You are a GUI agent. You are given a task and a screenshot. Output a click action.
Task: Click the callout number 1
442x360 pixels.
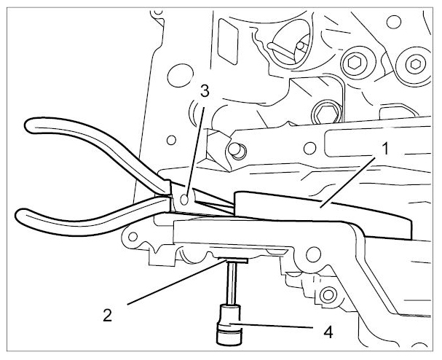click(385, 149)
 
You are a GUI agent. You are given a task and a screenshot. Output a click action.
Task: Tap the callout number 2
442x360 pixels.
click(107, 315)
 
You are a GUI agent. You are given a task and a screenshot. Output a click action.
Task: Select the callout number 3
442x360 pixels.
click(205, 91)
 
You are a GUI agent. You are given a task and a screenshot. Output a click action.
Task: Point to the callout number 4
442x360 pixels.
click(328, 332)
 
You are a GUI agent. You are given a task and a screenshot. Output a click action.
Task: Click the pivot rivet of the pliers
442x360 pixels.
click(184, 200)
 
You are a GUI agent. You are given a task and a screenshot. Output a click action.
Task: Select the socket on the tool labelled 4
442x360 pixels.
click(229, 324)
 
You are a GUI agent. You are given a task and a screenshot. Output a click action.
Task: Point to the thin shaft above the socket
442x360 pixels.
click(232, 283)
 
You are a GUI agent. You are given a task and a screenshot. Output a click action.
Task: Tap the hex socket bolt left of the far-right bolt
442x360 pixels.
click(355, 63)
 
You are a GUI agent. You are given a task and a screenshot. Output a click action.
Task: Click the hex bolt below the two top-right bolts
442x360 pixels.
click(327, 113)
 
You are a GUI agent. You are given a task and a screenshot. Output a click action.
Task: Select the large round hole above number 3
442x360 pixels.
click(181, 75)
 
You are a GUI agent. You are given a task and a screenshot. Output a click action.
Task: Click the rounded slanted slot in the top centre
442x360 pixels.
click(228, 42)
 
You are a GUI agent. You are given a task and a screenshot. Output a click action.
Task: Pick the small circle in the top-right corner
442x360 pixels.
click(394, 22)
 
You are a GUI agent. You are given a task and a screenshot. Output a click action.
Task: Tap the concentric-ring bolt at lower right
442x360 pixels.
click(328, 295)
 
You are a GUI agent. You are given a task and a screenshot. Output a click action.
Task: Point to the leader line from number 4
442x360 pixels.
click(271, 325)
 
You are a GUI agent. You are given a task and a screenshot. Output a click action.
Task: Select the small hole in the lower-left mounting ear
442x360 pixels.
click(133, 236)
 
